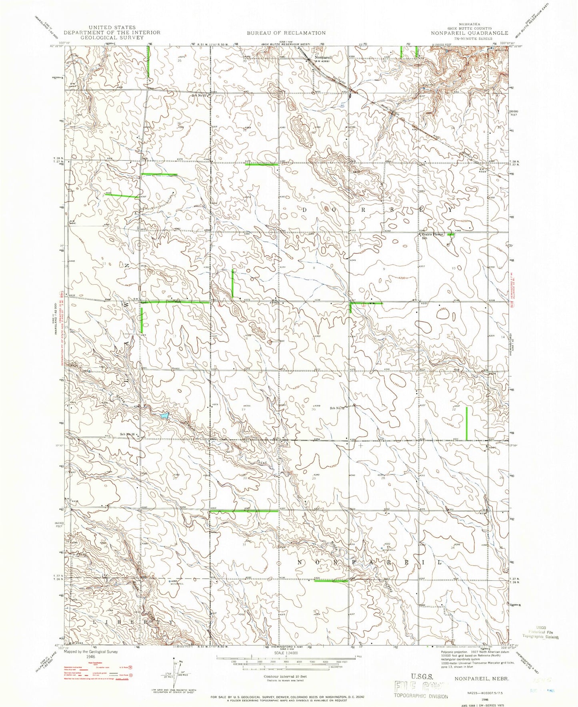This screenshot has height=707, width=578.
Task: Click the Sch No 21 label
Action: pos(198,95)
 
